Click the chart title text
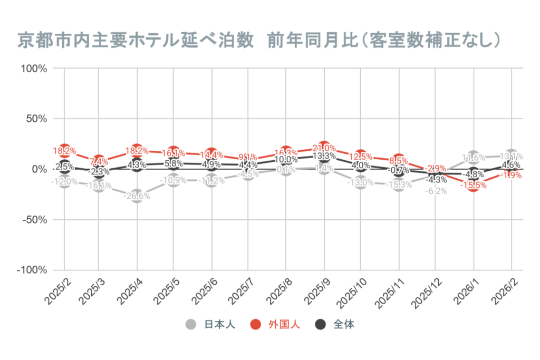[x=259, y=41]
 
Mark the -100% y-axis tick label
[x=33, y=270]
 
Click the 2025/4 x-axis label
[x=130, y=291]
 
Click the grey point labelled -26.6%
[x=137, y=196]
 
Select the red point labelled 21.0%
[x=324, y=148]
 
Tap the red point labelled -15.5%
[x=474, y=184]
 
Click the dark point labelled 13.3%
[x=324, y=156]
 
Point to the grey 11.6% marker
[x=474, y=158]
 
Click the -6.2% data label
[x=437, y=191]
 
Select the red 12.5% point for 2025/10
[x=361, y=157]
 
